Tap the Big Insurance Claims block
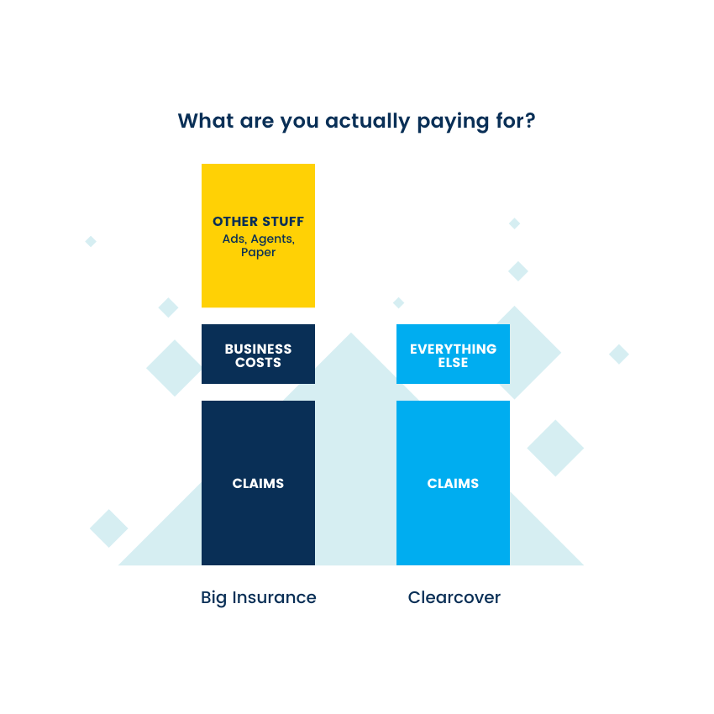point(258,521)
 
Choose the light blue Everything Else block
point(453,374)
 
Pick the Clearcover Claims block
point(453,521)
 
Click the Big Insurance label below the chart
point(259,597)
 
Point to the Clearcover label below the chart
point(454,597)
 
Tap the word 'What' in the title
point(206,121)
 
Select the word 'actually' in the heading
point(367,122)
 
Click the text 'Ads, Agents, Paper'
point(258,245)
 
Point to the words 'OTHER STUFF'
point(258,222)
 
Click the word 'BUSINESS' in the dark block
point(258,349)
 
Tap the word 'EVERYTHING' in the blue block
point(453,349)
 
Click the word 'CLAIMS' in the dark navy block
point(258,483)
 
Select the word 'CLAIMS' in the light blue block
point(453,483)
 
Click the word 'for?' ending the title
point(515,121)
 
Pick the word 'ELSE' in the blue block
point(453,363)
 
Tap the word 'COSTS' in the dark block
point(258,363)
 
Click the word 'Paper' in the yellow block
point(258,252)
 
